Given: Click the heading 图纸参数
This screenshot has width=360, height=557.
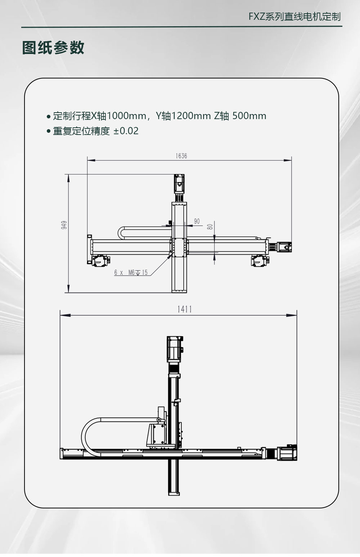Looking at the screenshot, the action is tap(53, 47).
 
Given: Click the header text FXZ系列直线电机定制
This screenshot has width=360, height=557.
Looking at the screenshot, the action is tap(294, 17).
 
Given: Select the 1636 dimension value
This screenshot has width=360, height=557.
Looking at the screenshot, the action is tap(181, 156).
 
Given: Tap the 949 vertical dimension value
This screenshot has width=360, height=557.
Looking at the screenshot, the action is tap(64, 225).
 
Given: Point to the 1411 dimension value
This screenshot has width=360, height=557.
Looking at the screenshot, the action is tap(185, 309).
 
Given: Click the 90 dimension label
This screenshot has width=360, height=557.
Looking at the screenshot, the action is tap(197, 221).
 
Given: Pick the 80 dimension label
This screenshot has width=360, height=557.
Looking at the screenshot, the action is tap(210, 227).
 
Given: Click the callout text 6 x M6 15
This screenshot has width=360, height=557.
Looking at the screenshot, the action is tap(131, 272).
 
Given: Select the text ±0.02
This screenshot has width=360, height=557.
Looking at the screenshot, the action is tap(126, 131).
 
